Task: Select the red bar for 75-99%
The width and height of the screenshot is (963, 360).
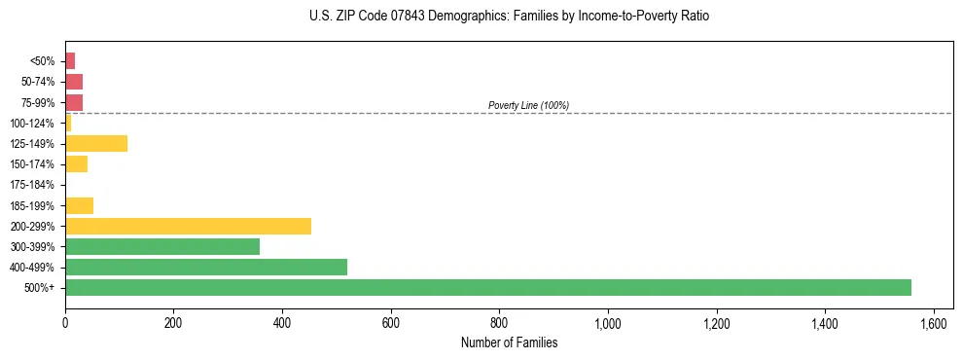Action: coord(74,102)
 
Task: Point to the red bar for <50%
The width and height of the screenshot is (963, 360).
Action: coord(70,61)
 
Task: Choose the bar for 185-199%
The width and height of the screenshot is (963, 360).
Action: coord(79,205)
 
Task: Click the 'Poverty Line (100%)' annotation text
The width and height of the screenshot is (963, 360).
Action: coord(528,105)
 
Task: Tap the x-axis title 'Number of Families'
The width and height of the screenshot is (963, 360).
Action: coord(509,343)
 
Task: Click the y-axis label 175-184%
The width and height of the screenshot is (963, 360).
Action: coord(33,185)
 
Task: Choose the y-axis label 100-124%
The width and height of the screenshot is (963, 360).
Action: coord(33,124)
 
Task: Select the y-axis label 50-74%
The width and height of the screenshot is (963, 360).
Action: coord(37,82)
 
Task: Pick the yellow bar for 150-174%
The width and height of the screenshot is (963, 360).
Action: coord(76,164)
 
